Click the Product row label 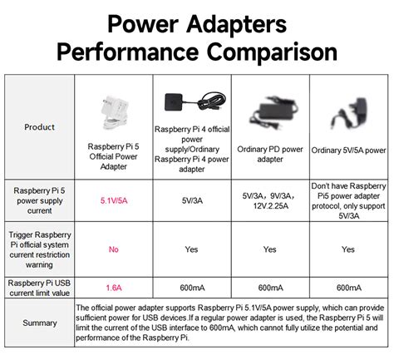[x=40, y=127]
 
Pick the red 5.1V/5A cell [x=114, y=200]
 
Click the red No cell [x=114, y=249]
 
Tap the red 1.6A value [x=114, y=288]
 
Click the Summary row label [x=40, y=323]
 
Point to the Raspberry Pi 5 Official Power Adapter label [x=114, y=155]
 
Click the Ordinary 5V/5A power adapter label [x=348, y=150]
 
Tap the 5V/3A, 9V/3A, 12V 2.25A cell [x=270, y=200]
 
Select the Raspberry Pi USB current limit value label [x=40, y=288]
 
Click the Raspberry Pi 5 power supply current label [x=40, y=200]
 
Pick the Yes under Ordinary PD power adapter [x=270, y=249]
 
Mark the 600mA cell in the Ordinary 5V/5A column [x=348, y=288]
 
